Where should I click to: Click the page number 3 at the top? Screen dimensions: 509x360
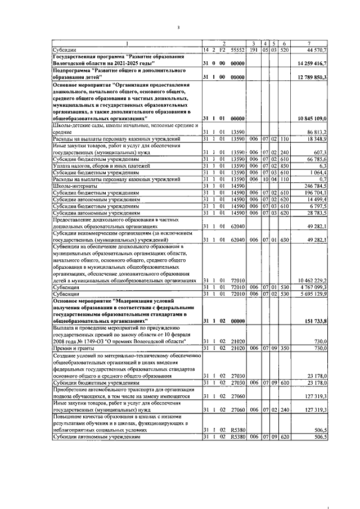tap(178, 27)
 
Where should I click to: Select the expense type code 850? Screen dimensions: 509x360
tap(285, 166)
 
